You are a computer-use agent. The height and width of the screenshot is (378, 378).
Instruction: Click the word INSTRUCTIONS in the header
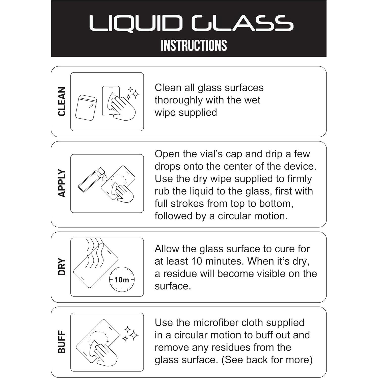(x=194, y=45)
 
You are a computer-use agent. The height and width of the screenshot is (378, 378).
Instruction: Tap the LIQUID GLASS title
(x=191, y=23)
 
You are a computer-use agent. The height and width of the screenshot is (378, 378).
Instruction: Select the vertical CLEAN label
(x=62, y=101)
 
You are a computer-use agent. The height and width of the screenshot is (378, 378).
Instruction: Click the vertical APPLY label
(x=62, y=183)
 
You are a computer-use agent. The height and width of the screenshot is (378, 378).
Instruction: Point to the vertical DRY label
(x=62, y=266)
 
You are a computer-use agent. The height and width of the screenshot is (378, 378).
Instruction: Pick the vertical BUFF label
(x=62, y=342)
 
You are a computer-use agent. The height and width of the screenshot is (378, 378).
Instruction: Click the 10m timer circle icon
(x=122, y=279)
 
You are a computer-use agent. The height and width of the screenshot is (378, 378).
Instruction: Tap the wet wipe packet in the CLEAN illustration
(x=86, y=108)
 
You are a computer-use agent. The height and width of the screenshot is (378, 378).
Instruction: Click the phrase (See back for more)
(x=267, y=360)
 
